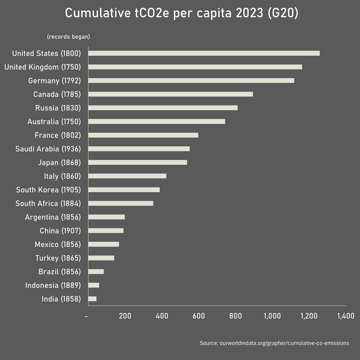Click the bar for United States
tap(204, 53)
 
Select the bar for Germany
tap(191, 81)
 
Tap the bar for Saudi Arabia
tap(139, 149)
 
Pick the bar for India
tap(92, 299)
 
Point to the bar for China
tap(106, 231)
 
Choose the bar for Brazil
tap(96, 272)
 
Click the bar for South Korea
tap(124, 190)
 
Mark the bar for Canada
tap(170, 94)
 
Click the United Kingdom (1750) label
tap(43, 67)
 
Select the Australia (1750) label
tap(54, 122)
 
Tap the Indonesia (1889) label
tap(53, 285)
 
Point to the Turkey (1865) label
tap(58, 258)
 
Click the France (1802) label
tap(58, 135)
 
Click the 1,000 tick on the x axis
tap(272, 316)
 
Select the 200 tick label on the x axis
tap(125, 316)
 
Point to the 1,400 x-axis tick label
tap(346, 316)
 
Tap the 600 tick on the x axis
tap(199, 316)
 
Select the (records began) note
tap(68, 37)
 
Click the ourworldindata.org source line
tap(274, 343)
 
